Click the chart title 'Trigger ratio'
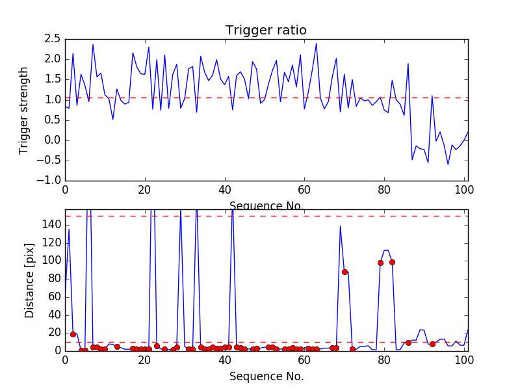pos(266,31)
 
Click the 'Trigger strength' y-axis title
pos(24,110)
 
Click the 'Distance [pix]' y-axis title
pos(30,279)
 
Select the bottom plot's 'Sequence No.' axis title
pos(266,376)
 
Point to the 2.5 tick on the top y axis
pos(53,39)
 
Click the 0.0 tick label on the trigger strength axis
pos(53,140)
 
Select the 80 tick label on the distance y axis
pos(52,279)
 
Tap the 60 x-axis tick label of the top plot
pos(304,190)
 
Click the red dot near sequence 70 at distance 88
pos(344,272)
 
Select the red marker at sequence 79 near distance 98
pos(380,263)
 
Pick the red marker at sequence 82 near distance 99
pos(392,262)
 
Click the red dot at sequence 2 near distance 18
pos(73,334)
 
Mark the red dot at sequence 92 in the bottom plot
pos(432,344)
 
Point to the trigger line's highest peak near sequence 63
pos(316,44)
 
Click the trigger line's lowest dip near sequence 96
pos(448,164)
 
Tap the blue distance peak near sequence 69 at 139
pos(340,226)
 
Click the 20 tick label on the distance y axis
pos(52,333)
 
